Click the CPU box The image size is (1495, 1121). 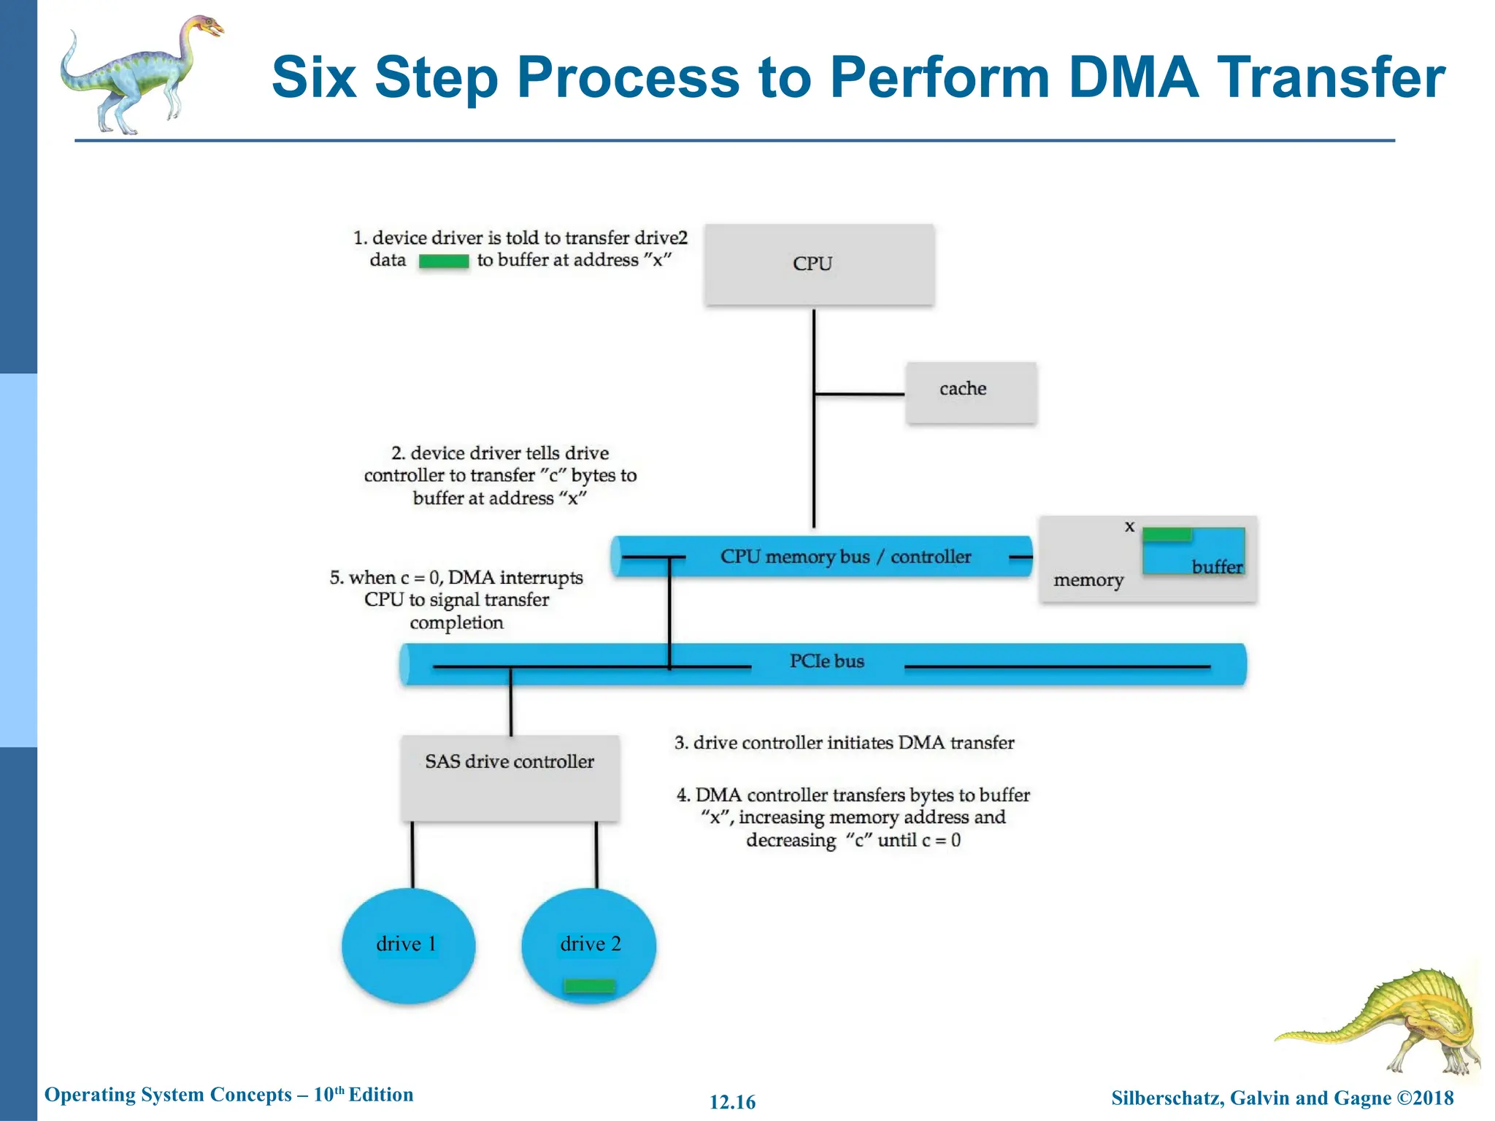pyautogui.click(x=818, y=264)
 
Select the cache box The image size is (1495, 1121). pyautogui.click(x=970, y=392)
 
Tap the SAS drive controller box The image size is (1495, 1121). pyautogui.click(x=510, y=778)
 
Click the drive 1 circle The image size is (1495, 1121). pyautogui.click(x=407, y=944)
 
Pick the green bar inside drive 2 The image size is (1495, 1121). pyautogui.click(x=589, y=986)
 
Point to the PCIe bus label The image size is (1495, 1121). pyautogui.click(x=826, y=661)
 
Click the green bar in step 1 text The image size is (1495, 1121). pyautogui.click(x=443, y=261)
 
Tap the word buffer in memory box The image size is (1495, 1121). pyautogui.click(x=1216, y=567)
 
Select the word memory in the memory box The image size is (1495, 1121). pyautogui.click(x=1088, y=580)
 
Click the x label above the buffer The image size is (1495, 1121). pyautogui.click(x=1129, y=526)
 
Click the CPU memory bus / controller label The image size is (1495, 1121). pyautogui.click(x=845, y=557)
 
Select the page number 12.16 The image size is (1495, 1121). pyautogui.click(x=732, y=1102)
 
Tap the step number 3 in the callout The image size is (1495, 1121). pyautogui.click(x=680, y=743)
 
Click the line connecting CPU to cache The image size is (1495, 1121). pyautogui.click(x=859, y=394)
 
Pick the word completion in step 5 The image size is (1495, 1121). pyautogui.click(x=456, y=623)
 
